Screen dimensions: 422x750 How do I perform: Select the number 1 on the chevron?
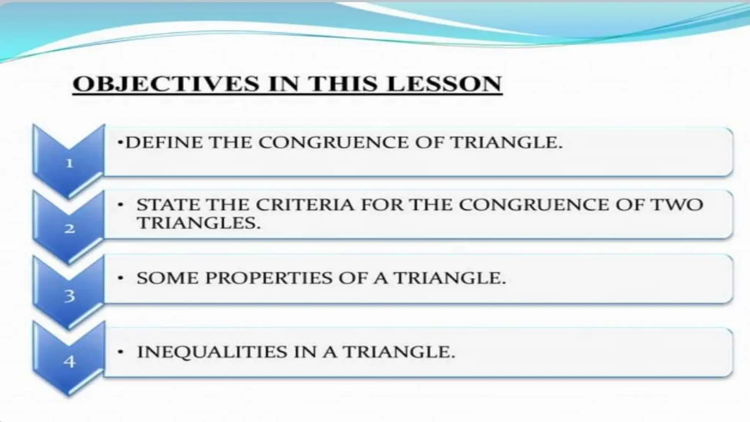pyautogui.click(x=70, y=163)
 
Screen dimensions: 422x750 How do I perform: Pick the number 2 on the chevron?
pyautogui.click(x=70, y=229)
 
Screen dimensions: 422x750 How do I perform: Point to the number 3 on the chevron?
pyautogui.click(x=70, y=296)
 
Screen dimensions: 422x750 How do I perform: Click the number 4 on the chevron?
pyautogui.click(x=70, y=362)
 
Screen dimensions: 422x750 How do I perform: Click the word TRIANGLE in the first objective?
pyautogui.click(x=506, y=142)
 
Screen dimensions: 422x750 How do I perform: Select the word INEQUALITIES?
pyautogui.click(x=212, y=352)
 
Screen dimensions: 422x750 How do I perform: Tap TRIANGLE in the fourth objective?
pyautogui.click(x=399, y=352)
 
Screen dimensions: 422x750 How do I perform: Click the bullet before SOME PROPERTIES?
pyautogui.click(x=120, y=278)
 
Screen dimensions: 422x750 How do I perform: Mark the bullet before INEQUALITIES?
pyautogui.click(x=120, y=352)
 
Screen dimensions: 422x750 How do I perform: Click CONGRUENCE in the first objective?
pyautogui.click(x=334, y=142)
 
